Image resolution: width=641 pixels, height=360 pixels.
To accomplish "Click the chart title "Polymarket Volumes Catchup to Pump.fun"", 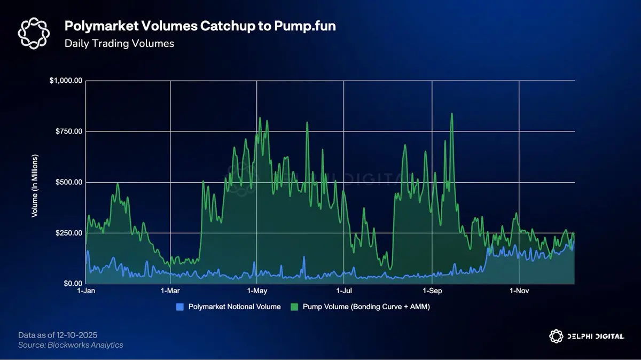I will tap(200, 26).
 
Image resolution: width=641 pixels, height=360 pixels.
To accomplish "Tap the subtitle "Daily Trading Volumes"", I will tap(119, 43).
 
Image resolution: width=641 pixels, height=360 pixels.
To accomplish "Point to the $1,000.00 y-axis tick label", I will tap(66, 81).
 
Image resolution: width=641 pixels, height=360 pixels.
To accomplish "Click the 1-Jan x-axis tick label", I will tap(86, 291).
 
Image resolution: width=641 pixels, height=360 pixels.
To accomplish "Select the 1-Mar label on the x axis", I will tap(170, 291).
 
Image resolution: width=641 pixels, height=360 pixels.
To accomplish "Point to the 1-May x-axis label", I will tap(257, 291).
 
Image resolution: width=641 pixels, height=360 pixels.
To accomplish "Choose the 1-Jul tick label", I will tap(345, 291).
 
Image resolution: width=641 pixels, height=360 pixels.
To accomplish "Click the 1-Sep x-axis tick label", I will tap(432, 291).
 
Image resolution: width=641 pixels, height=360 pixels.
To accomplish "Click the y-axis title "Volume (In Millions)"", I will tap(35, 183).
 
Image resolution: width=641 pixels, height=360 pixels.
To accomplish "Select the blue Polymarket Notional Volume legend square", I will tap(180, 307).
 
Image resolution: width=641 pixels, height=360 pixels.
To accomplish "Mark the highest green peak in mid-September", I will tap(452, 114).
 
